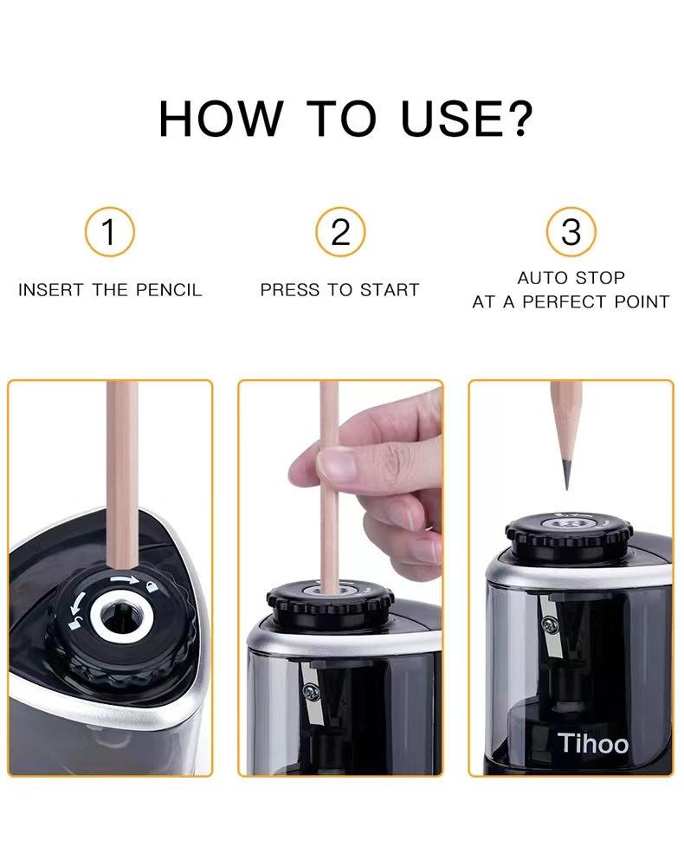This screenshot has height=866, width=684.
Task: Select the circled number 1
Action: pos(109,232)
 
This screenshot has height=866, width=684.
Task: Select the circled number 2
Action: pos(340,232)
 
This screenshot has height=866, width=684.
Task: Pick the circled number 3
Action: pos(571,232)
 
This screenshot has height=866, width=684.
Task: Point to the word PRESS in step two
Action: pos(290,290)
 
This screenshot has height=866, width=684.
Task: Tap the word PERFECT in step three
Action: pos(565,302)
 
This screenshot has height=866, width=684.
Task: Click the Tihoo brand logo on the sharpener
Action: pos(593,743)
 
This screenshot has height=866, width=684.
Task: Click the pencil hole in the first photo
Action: pos(113,617)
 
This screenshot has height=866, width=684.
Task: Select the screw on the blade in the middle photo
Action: pos(309,690)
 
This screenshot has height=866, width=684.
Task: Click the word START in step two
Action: pos(390,290)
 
